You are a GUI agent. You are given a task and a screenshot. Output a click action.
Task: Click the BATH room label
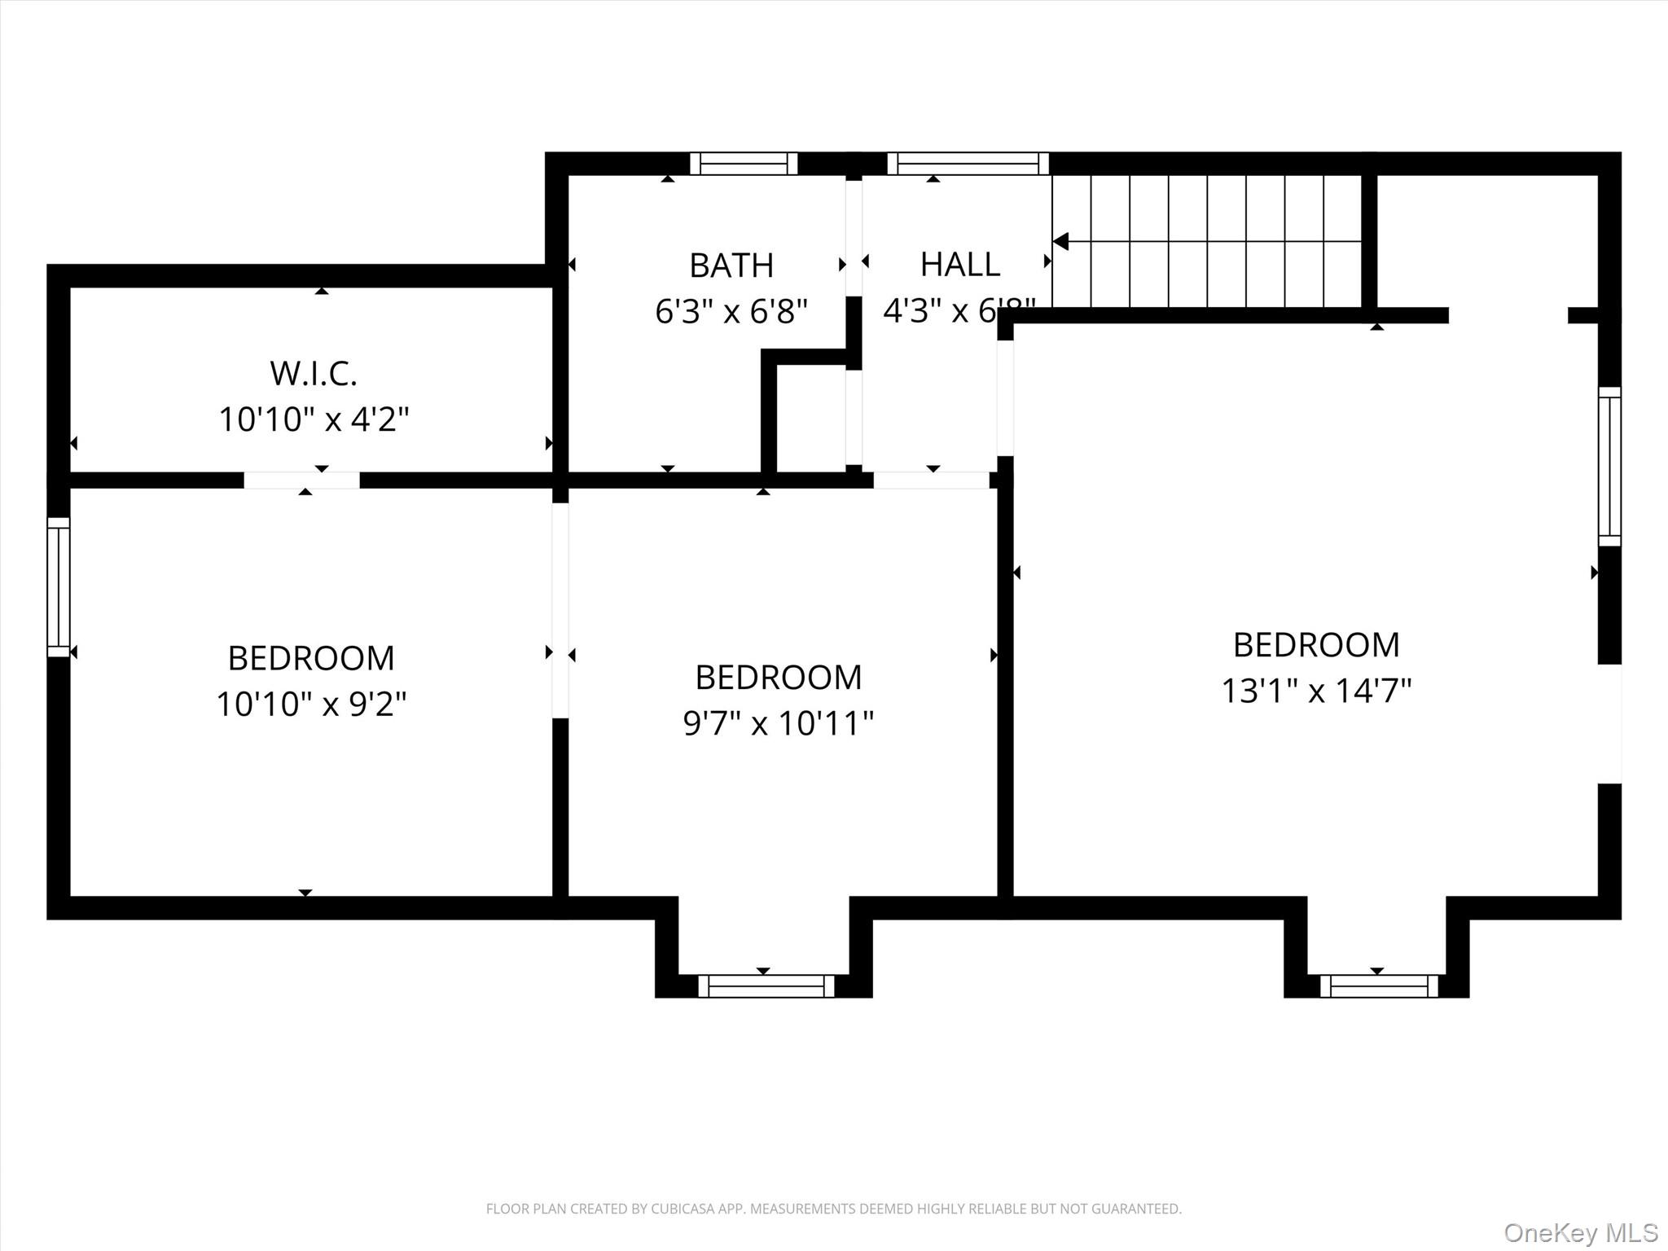click(x=731, y=266)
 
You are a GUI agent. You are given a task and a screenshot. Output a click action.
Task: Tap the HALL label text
click(x=960, y=265)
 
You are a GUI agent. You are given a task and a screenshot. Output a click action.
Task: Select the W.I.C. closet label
click(x=314, y=374)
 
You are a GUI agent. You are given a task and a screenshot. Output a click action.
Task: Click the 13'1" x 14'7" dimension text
click(x=1316, y=691)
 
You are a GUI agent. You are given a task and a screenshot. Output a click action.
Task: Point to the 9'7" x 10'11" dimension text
click(x=779, y=723)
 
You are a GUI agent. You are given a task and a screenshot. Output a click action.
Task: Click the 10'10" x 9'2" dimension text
click(x=311, y=704)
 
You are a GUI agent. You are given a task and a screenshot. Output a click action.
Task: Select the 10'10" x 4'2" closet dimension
click(x=314, y=420)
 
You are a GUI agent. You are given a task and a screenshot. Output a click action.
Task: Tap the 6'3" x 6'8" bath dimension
click(x=731, y=311)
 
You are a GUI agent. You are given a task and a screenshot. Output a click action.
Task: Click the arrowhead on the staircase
click(x=1060, y=242)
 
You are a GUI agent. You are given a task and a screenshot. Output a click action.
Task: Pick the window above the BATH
click(x=744, y=164)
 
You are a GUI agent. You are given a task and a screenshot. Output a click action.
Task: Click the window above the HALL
click(x=968, y=164)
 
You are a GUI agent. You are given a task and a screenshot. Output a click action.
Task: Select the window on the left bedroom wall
click(x=59, y=586)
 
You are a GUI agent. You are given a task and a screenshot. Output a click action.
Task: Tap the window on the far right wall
click(x=1609, y=466)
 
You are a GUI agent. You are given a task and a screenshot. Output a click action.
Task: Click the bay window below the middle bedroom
click(x=766, y=986)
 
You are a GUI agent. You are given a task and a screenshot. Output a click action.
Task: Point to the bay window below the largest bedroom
click(x=1379, y=986)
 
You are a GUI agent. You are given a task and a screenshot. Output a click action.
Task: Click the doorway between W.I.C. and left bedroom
click(x=301, y=481)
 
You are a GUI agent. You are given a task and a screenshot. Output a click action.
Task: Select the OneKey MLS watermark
click(x=1580, y=1232)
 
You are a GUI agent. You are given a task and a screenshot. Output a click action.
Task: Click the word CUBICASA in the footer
click(x=678, y=1209)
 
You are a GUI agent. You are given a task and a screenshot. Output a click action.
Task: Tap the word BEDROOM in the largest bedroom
click(x=1316, y=645)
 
